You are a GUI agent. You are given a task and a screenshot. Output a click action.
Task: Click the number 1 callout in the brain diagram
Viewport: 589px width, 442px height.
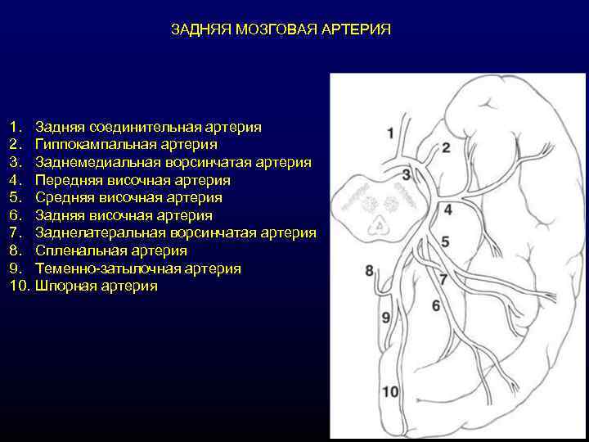coord(390,133)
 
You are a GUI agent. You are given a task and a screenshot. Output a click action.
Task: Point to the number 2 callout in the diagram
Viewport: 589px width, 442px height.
coord(446,147)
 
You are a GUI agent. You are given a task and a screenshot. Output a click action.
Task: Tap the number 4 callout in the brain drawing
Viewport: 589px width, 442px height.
coord(447,210)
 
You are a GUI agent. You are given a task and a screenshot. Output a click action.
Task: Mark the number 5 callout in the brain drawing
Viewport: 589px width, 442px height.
coord(445,241)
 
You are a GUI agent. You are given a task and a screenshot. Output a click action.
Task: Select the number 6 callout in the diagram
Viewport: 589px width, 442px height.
coord(436,305)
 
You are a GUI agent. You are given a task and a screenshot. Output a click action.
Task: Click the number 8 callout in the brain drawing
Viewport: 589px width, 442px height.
coord(369,270)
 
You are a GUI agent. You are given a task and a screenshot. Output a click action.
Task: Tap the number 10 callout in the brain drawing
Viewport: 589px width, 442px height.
coord(390,392)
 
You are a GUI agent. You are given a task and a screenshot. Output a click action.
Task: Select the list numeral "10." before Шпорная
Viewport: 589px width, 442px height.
coord(20,286)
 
